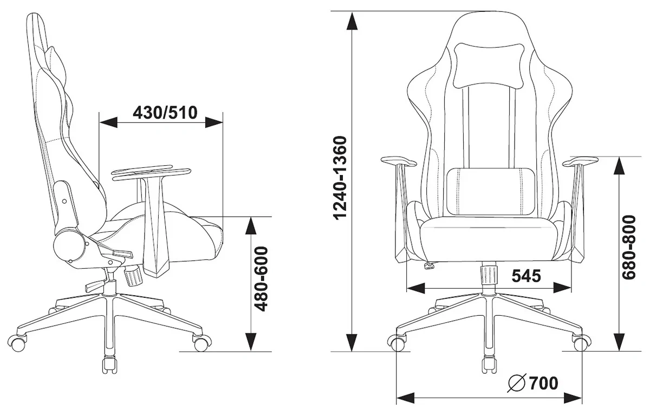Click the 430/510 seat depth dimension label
[165, 113]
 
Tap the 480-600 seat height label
[261, 279]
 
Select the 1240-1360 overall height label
[340, 178]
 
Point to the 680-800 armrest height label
[629, 248]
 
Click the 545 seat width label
[526, 276]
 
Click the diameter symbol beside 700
[517, 383]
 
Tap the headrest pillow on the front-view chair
[489, 66]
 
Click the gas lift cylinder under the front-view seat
[489, 275]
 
